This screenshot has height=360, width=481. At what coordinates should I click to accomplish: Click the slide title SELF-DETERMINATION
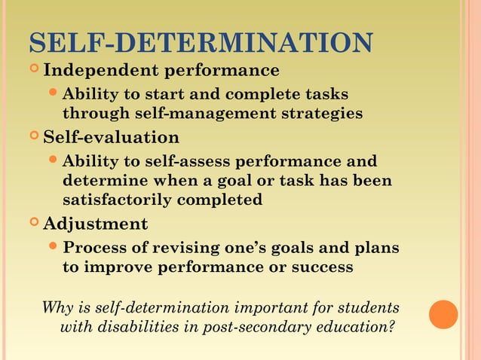(200, 43)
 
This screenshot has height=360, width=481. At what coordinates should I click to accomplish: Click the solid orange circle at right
(443, 314)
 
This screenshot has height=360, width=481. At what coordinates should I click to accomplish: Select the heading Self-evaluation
(111, 138)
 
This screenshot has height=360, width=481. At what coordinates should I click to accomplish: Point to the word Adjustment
(95, 224)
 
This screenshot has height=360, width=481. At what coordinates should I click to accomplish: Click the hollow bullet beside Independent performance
(35, 71)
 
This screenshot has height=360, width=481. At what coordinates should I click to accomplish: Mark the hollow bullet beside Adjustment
(35, 224)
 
